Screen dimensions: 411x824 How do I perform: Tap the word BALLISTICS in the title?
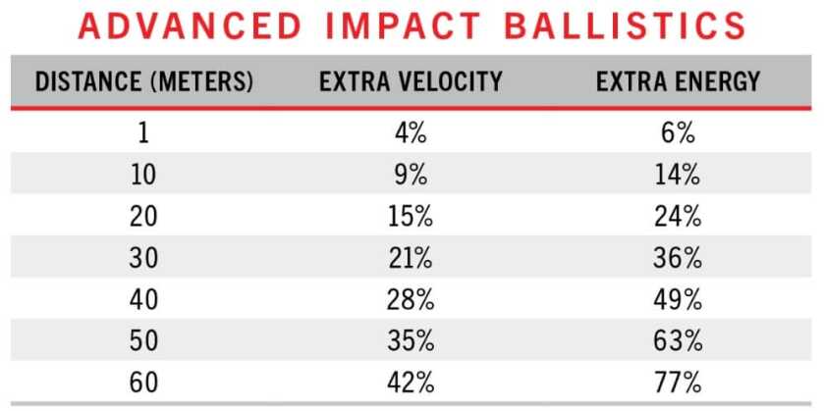point(629,26)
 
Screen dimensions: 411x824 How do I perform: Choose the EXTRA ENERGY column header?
point(678,81)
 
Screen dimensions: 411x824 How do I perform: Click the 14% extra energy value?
point(678,176)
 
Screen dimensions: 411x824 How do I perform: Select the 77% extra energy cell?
point(678,382)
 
